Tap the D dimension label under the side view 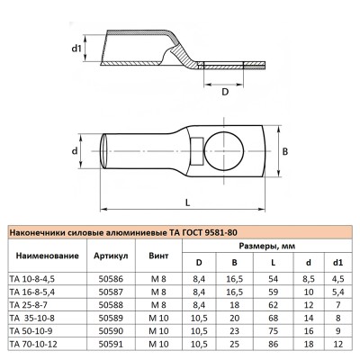coord(225,92)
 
